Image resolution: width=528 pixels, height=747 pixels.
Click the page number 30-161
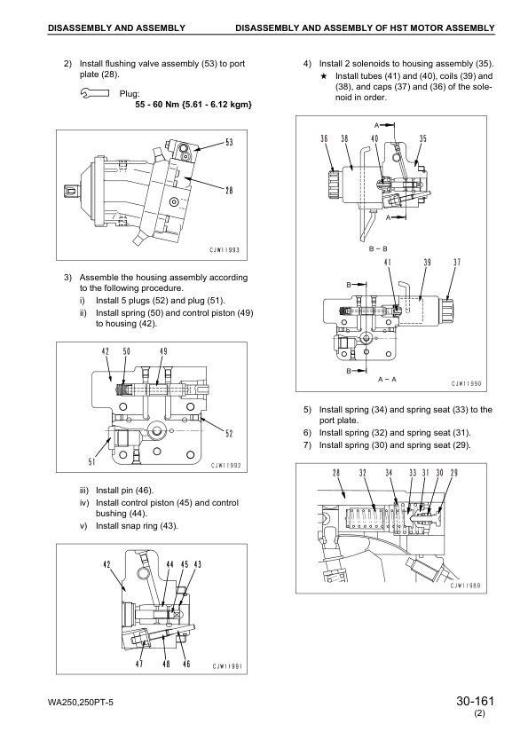[473, 704]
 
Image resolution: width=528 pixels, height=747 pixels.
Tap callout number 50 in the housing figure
[126, 352]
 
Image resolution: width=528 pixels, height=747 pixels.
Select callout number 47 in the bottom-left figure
[138, 664]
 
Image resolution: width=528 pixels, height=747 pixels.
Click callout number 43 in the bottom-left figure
[197, 564]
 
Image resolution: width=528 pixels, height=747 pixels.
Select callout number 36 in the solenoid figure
[325, 138]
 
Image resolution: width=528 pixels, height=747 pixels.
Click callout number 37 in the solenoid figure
[457, 263]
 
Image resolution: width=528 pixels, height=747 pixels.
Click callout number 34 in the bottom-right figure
[389, 474]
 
